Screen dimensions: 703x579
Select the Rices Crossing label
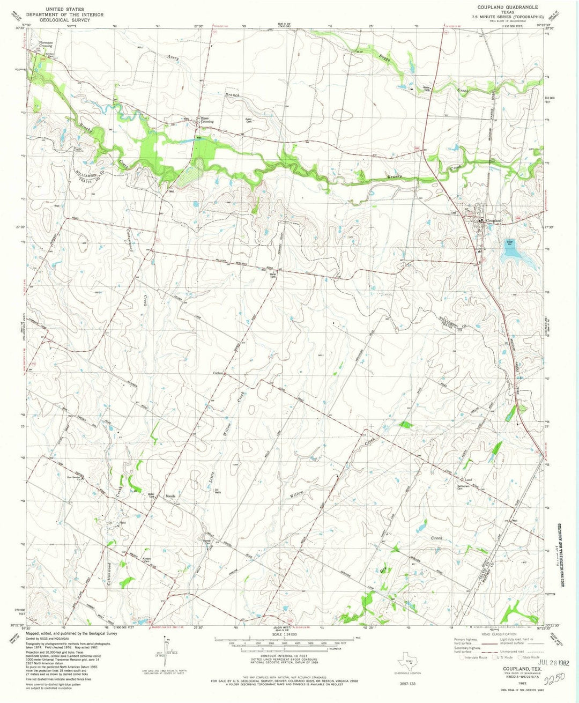click(x=207, y=120)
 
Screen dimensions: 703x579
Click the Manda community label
click(x=171, y=495)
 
